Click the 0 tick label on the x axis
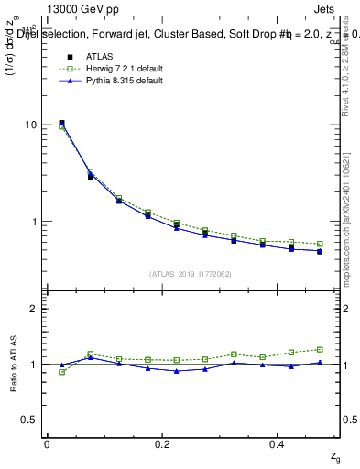click(x=47, y=444)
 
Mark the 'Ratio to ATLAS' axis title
click(x=13, y=364)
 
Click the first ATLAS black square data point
click(x=61, y=123)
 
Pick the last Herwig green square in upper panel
click(x=320, y=244)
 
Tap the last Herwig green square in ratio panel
click(x=320, y=349)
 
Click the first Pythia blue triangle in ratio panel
click(x=61, y=365)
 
